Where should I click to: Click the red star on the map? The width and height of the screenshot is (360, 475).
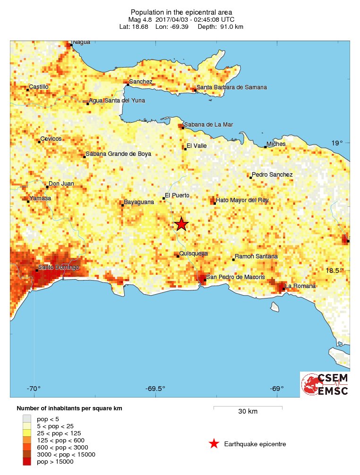pyautogui.click(x=181, y=224)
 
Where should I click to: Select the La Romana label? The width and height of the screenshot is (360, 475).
pyautogui.click(x=300, y=286)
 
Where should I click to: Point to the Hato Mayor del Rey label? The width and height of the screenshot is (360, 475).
pyautogui.click(x=242, y=200)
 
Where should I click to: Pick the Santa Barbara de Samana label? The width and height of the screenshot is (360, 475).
pyautogui.click(x=231, y=87)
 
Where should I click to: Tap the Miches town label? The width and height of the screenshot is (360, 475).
pyautogui.click(x=276, y=144)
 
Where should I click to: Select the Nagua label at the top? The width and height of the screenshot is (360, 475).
pyautogui.click(x=81, y=42)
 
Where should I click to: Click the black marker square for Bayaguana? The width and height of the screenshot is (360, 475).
pyautogui.click(x=122, y=205)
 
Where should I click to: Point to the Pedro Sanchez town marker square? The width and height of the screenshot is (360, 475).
pyautogui.click(x=250, y=178)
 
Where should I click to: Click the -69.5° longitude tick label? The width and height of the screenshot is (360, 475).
pyautogui.click(x=155, y=389)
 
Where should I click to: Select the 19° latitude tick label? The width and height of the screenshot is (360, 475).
pyautogui.click(x=336, y=143)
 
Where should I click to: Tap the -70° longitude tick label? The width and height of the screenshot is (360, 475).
pyautogui.click(x=33, y=389)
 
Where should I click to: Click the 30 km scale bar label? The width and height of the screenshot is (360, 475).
pyautogui.click(x=248, y=411)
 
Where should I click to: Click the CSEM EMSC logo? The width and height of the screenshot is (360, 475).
pyautogui.click(x=325, y=384)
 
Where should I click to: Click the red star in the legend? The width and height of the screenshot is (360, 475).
pyautogui.click(x=214, y=443)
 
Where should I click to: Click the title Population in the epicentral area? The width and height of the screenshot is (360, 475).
pyautogui.click(x=181, y=12)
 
